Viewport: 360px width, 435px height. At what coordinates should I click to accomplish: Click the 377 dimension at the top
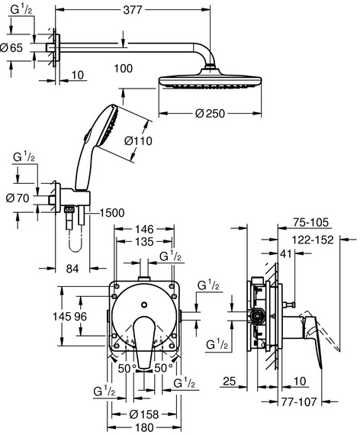click(x=132, y=10)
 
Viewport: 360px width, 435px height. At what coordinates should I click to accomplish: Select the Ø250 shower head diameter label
click(x=210, y=113)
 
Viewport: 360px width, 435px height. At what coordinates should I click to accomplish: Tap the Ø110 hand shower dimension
click(x=138, y=141)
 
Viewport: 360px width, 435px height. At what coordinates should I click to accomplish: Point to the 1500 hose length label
click(x=111, y=213)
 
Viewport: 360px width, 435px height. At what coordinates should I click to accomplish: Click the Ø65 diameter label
click(x=11, y=48)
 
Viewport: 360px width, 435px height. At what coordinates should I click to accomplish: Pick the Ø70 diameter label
click(x=18, y=198)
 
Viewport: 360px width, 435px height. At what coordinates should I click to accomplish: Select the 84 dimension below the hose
click(x=72, y=269)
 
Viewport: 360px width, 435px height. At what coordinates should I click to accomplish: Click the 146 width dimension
click(x=144, y=229)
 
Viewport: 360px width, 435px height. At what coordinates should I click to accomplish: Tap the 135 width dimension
click(x=144, y=242)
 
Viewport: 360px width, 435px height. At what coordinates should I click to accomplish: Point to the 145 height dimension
click(x=62, y=316)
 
